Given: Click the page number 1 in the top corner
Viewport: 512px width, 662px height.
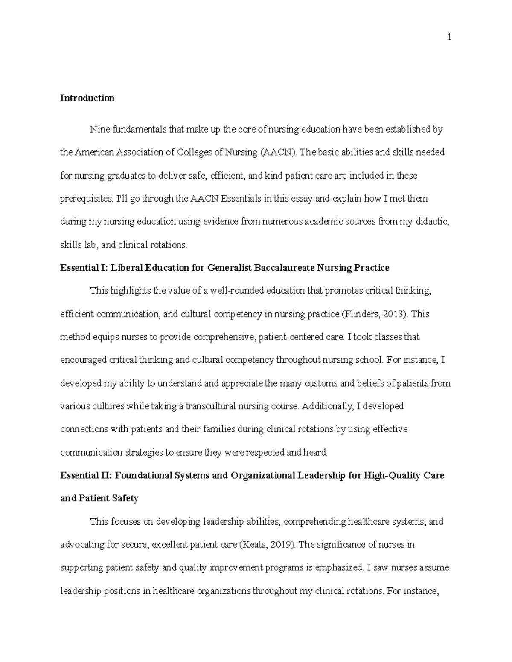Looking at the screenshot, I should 449,37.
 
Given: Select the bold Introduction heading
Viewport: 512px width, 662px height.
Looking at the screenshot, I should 87,98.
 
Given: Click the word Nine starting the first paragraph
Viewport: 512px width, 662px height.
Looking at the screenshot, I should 100,130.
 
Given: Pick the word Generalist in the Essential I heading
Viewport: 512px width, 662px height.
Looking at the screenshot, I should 230,268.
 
